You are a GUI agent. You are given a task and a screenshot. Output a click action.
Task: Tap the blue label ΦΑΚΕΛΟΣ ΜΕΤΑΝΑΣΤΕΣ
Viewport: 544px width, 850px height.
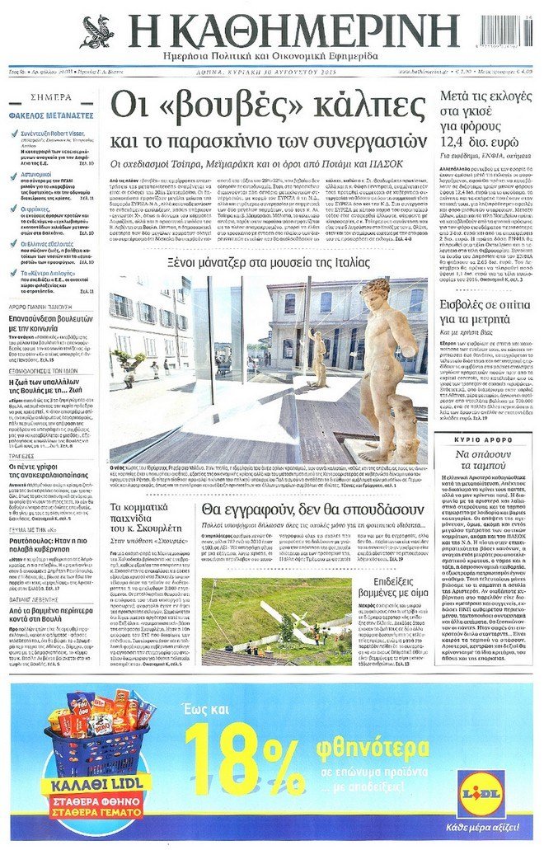(49, 116)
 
